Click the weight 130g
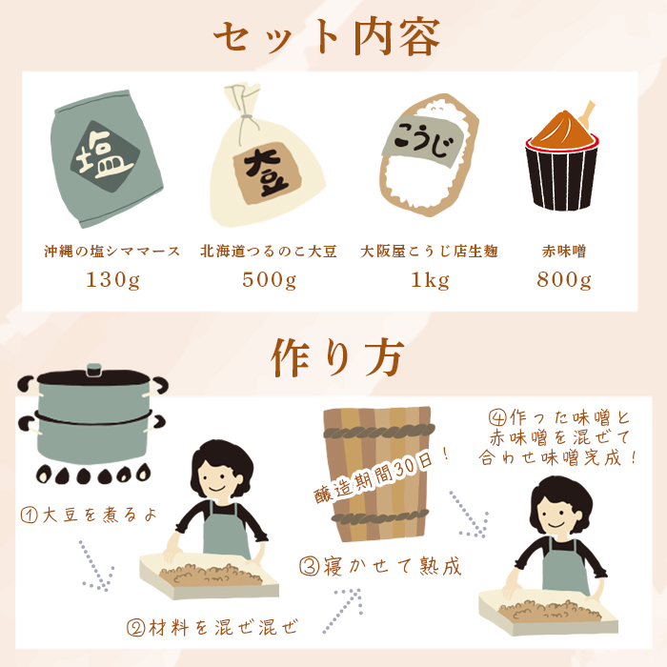coord(111,281)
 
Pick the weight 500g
coord(269,281)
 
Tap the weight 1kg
coord(430,281)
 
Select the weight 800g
coord(564,281)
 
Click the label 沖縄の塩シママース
coord(111,253)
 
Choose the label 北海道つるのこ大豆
coord(269,253)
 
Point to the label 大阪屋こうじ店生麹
coord(430,253)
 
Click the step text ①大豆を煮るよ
coord(88,515)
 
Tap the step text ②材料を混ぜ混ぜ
coord(212,627)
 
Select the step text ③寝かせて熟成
coord(380,566)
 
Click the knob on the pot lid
coord(93,367)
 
